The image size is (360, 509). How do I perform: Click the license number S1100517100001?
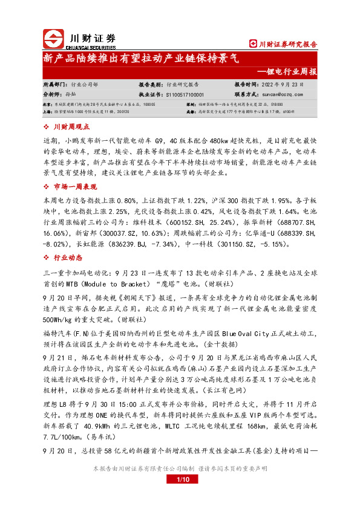tap(184, 94)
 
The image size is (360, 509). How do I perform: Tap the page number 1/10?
tap(180, 479)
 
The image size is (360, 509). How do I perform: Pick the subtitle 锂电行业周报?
tap(291, 71)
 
